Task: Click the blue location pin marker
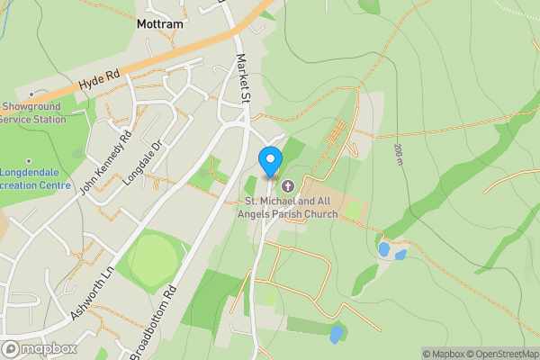click(x=269, y=161)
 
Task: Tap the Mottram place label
click(x=160, y=24)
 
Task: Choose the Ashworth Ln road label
click(x=93, y=293)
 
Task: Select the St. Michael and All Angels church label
click(x=289, y=207)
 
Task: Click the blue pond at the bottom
click(x=337, y=334)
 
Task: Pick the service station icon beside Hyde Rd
click(x=31, y=93)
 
